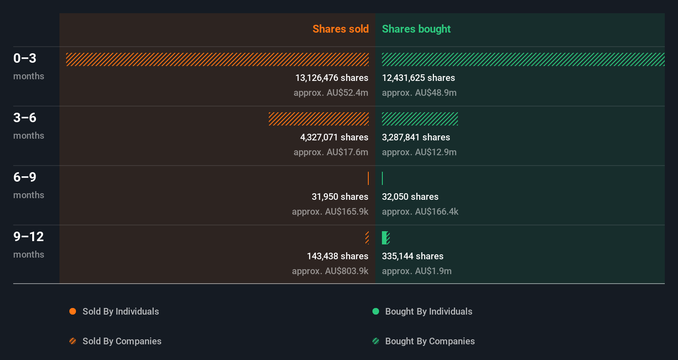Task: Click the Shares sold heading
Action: click(340, 29)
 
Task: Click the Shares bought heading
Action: click(416, 29)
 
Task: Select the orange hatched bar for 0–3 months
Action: click(217, 59)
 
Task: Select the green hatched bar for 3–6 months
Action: click(420, 119)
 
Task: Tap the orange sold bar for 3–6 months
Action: click(318, 119)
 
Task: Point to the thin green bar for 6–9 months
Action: click(382, 178)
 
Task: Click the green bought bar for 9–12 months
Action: click(385, 238)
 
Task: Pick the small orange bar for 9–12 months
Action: click(367, 238)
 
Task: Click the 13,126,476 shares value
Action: click(332, 78)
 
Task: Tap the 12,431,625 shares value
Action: click(418, 78)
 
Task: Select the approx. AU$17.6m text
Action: click(331, 152)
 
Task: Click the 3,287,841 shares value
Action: click(416, 137)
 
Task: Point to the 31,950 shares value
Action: click(340, 197)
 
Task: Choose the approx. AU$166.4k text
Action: click(420, 211)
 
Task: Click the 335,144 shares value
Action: click(412, 256)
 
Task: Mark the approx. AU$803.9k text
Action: click(330, 271)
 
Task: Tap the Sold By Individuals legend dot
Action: click(73, 311)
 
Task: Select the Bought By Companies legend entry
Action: click(429, 341)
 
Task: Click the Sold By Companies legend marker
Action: click(73, 341)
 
